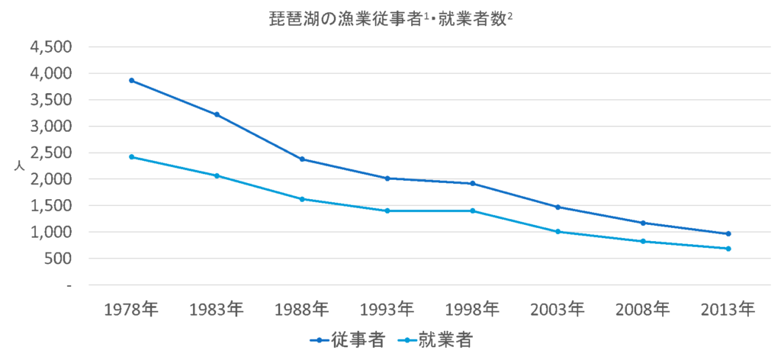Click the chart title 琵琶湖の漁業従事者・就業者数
click(390, 17)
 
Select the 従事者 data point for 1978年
click(131, 80)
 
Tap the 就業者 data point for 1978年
click(131, 157)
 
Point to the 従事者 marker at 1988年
click(302, 159)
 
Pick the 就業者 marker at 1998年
click(473, 211)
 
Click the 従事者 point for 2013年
click(728, 233)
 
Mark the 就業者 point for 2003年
click(558, 231)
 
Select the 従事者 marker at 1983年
click(217, 114)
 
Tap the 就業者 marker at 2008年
click(643, 241)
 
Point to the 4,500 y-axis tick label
click(50, 47)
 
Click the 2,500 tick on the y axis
click(50, 153)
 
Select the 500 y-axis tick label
click(58, 259)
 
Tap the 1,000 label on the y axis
click(50, 232)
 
